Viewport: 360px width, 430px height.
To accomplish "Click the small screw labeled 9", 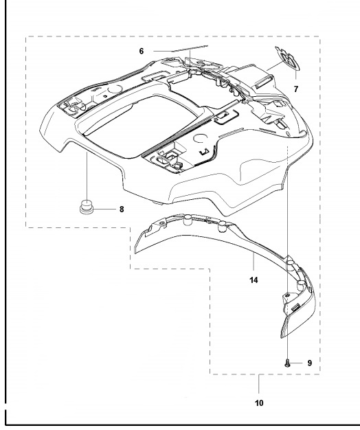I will pyautogui.click(x=287, y=363).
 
